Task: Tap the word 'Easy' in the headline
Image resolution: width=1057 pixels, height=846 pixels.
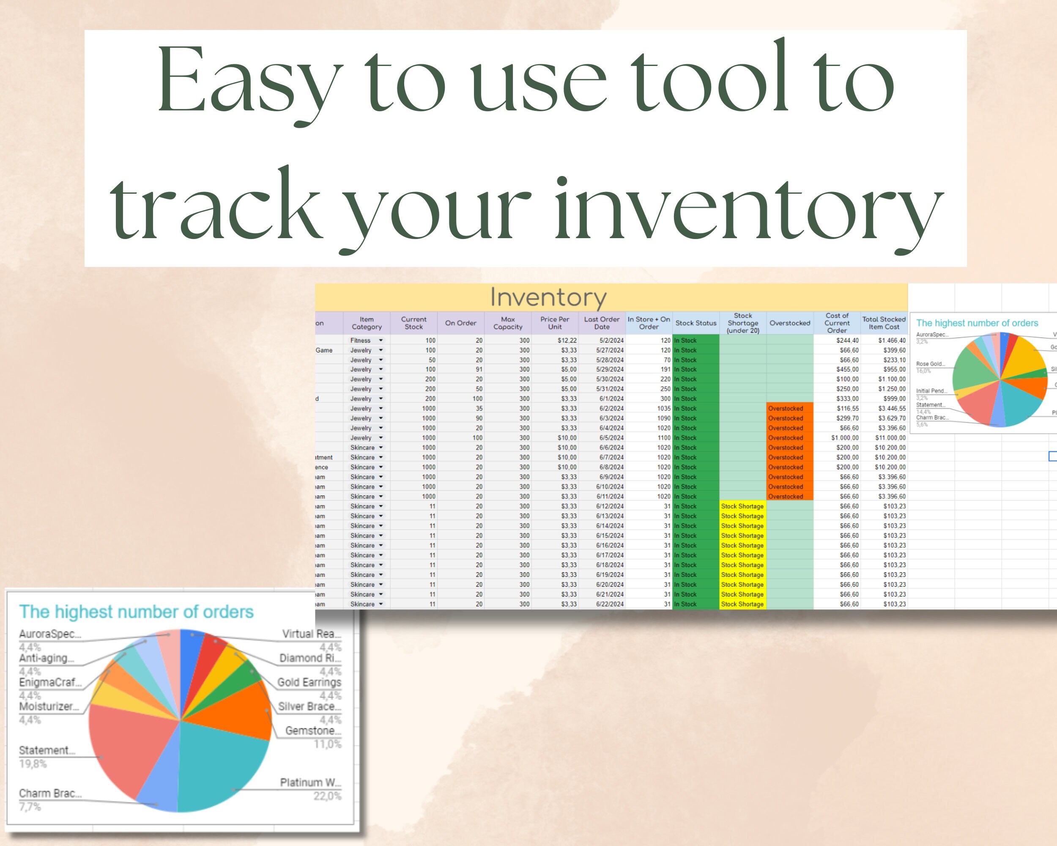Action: (249, 81)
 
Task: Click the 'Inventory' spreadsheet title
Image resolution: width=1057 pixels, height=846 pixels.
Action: (548, 297)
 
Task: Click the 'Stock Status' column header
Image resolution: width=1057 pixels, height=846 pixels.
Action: (696, 323)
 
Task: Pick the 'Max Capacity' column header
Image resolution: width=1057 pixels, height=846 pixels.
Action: (508, 323)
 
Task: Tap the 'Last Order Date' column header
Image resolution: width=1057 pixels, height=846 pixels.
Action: (602, 323)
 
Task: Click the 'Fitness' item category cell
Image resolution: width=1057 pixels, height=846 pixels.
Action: (360, 341)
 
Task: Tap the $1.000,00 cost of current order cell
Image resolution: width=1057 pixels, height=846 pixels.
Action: (845, 438)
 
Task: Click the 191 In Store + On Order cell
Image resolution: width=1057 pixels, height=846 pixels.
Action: (665, 369)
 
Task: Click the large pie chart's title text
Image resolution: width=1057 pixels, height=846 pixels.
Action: (136, 612)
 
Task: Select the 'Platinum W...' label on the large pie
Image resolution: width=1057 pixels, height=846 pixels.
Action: (310, 782)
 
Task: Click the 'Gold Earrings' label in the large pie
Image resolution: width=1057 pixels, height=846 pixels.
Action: (309, 682)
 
